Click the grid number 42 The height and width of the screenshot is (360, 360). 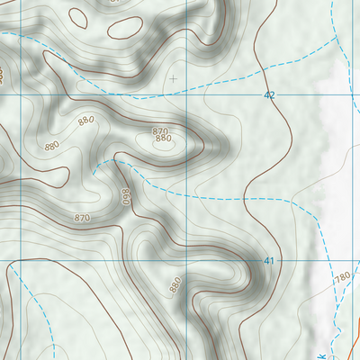point(268,94)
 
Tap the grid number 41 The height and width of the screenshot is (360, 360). point(268,261)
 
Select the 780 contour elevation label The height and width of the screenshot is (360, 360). point(341,278)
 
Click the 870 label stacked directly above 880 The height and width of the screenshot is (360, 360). point(159,131)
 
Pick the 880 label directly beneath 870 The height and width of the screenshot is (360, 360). point(163,139)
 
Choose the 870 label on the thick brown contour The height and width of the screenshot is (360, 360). point(82,218)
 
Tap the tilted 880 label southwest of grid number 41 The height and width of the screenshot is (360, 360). point(175,286)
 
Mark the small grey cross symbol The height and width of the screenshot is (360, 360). point(173,78)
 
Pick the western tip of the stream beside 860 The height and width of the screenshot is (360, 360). point(94,165)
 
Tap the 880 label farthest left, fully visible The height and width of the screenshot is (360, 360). point(50,146)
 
